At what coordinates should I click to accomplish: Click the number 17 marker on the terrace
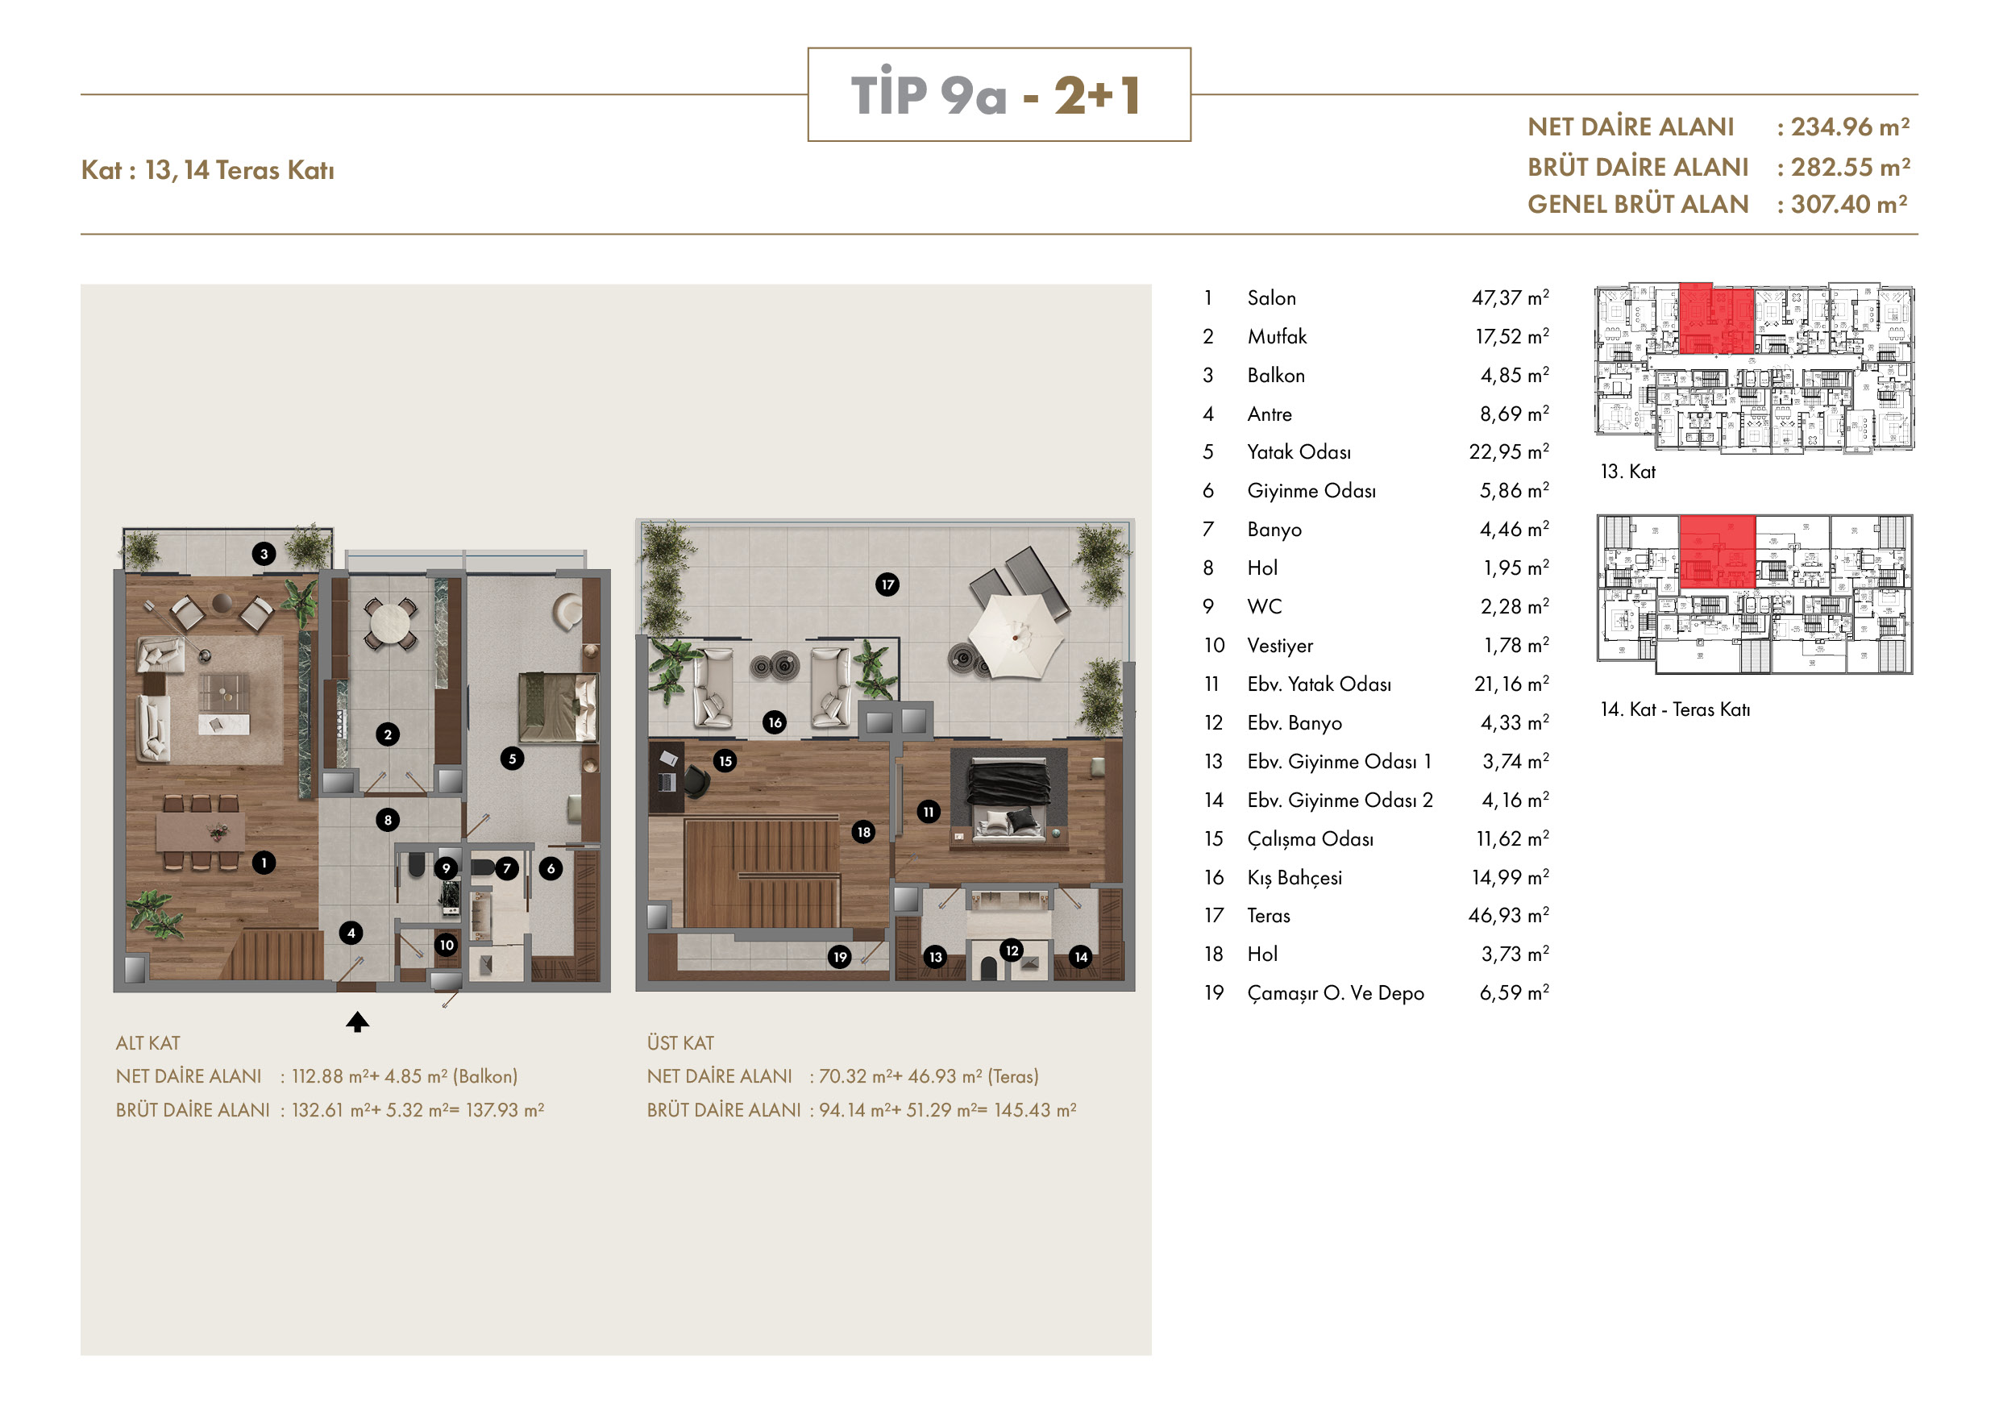coord(887,584)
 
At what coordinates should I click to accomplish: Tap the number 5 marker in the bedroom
coord(512,759)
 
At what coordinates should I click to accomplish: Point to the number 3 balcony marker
coord(264,554)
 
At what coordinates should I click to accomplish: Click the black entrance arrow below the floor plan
coord(357,1021)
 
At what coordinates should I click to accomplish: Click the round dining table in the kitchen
coord(389,622)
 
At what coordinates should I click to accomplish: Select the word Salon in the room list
coord(1271,297)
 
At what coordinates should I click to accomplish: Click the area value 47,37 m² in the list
coord(1510,297)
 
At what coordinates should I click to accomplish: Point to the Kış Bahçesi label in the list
coord(1295,878)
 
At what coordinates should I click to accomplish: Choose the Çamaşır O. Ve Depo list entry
coord(1336,992)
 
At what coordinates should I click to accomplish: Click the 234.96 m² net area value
coord(1850,127)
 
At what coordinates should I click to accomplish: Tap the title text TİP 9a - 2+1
coord(998,95)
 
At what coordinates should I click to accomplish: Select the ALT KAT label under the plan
coord(148,1043)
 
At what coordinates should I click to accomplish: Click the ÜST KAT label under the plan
coord(680,1043)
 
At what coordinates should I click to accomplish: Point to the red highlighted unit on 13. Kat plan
coord(1716,318)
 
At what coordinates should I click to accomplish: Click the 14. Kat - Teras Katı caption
coord(1675,709)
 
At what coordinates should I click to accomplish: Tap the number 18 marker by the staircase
coord(863,831)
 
